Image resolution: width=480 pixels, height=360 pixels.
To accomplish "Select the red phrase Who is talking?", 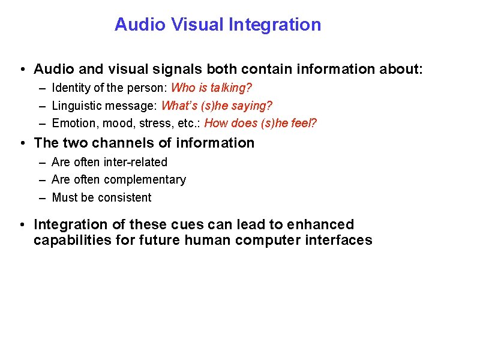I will (x=211, y=88).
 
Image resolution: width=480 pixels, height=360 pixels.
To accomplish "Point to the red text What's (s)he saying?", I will (x=217, y=106).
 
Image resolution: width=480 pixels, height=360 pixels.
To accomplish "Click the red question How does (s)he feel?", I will (x=260, y=124).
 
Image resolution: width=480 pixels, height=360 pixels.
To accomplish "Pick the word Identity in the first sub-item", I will (x=70, y=88).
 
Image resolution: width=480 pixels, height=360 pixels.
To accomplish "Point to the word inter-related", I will (x=135, y=162).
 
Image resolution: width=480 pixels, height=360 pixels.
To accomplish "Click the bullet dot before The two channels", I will (x=22, y=143).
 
